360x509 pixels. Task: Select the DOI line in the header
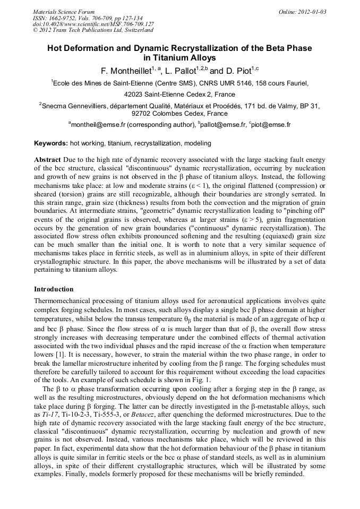[x=93, y=24]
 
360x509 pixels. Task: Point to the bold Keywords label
[x=51, y=143]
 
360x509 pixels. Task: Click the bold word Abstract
[x=47, y=159]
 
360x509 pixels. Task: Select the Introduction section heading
[x=54, y=289]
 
